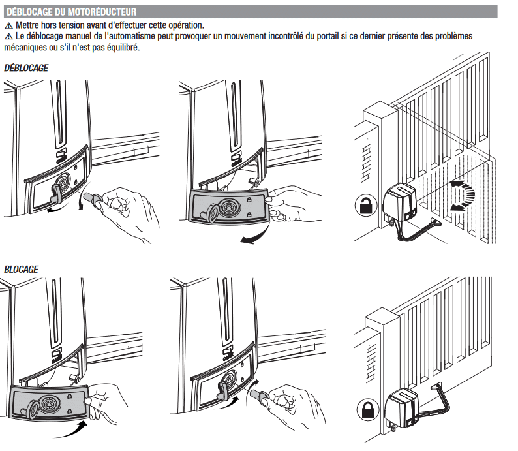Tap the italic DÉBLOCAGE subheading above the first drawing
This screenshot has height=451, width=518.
[26, 68]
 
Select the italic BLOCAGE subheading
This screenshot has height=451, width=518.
[21, 269]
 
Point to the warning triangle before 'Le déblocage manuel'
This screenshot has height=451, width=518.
[8, 37]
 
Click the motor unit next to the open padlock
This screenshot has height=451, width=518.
[400, 202]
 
